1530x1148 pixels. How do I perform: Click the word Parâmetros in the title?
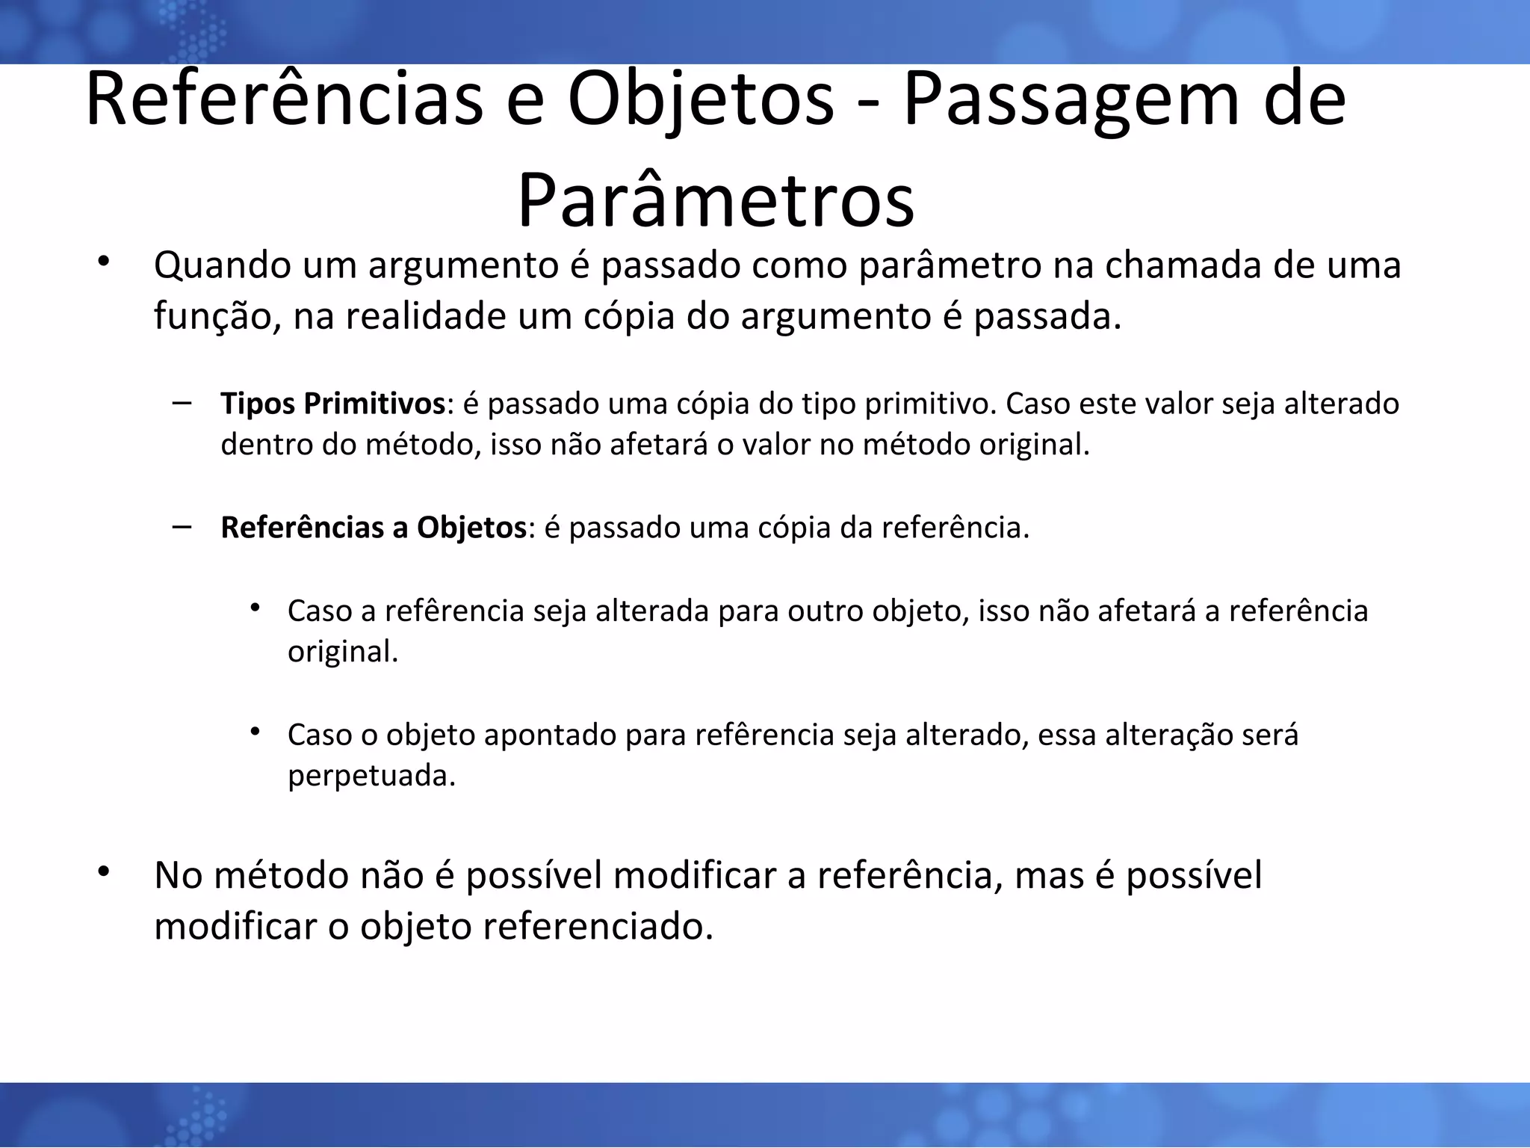pos(716,201)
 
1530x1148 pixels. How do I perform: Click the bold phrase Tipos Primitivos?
pos(332,404)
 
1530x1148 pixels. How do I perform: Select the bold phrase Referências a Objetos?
pos(374,528)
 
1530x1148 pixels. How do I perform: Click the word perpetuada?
pos(371,776)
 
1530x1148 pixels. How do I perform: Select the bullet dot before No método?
pos(103,871)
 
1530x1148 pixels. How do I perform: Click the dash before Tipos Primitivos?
pos(180,403)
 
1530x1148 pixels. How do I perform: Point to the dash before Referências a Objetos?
pos(180,527)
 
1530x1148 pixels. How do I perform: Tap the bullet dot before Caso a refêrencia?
pos(255,608)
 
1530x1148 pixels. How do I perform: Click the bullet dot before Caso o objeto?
pos(255,732)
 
